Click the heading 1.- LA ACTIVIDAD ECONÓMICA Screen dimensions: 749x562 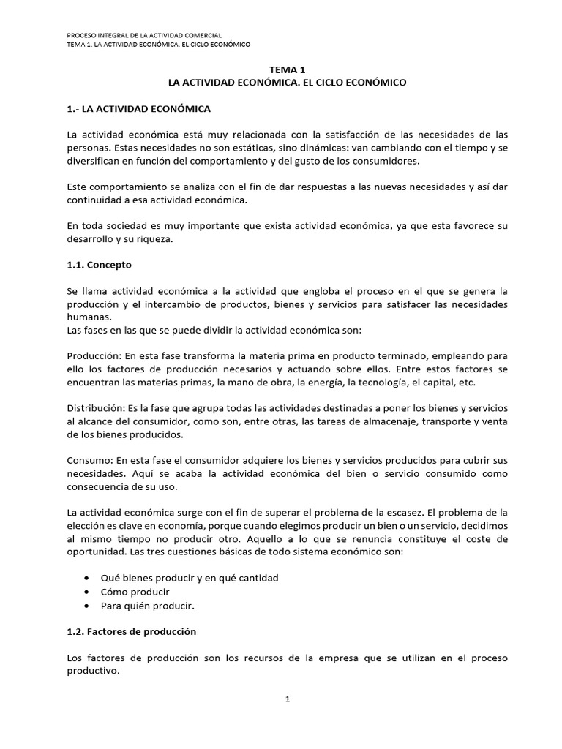pos(138,109)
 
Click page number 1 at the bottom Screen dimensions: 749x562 pos(288,699)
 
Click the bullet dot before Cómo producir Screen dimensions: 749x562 pos(88,592)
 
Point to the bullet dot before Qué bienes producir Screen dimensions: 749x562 pos(88,578)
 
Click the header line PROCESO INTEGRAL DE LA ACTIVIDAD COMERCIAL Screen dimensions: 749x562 pos(144,34)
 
